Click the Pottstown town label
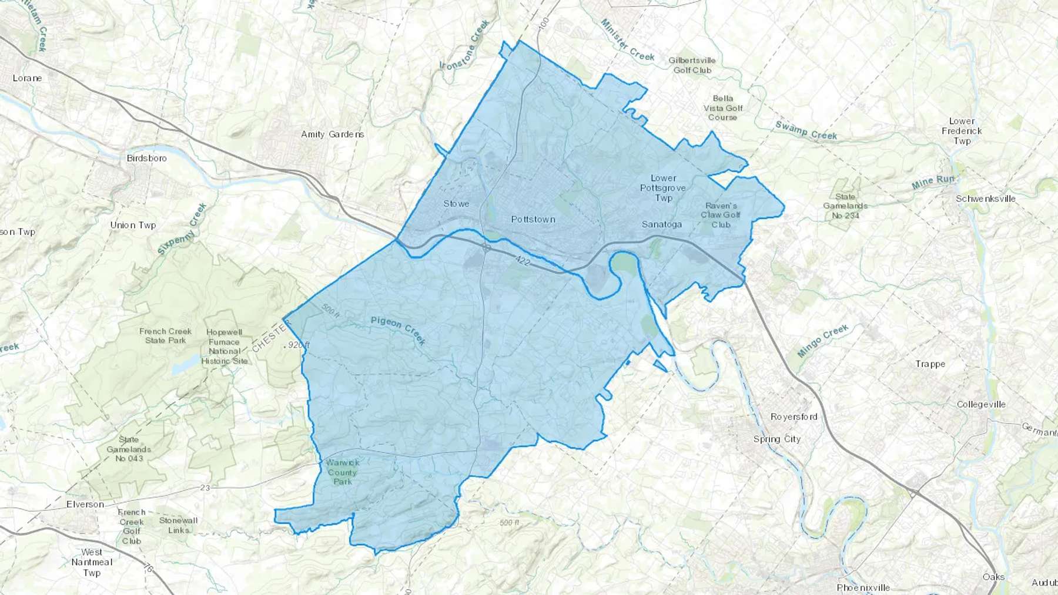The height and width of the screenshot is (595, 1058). pyautogui.click(x=533, y=220)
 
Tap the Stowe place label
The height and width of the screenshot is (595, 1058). pyautogui.click(x=456, y=204)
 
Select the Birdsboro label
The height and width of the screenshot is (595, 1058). pyautogui.click(x=146, y=158)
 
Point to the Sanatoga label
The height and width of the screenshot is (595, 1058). pyautogui.click(x=662, y=224)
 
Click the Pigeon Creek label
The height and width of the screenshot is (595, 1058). pyautogui.click(x=399, y=330)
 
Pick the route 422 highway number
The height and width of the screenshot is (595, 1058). pyautogui.click(x=521, y=260)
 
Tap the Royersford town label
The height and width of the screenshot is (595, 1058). pyautogui.click(x=793, y=417)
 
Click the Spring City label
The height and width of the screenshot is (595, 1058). pyautogui.click(x=776, y=439)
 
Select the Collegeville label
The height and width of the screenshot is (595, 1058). pyautogui.click(x=981, y=405)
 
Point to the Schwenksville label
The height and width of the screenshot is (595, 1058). pyautogui.click(x=986, y=199)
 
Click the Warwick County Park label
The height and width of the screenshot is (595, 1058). pyautogui.click(x=342, y=472)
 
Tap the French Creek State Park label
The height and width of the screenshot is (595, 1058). pyautogui.click(x=165, y=336)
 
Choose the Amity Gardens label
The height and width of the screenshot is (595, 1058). pyautogui.click(x=332, y=135)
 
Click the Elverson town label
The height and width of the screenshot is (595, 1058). pyautogui.click(x=85, y=505)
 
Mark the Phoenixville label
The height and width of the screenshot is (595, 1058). pyautogui.click(x=863, y=587)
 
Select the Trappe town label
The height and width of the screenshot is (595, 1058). pyautogui.click(x=930, y=364)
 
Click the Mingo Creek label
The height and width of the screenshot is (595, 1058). pyautogui.click(x=823, y=341)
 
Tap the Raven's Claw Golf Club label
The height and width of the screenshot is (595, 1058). pyautogui.click(x=721, y=215)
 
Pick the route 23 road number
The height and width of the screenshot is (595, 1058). pyautogui.click(x=205, y=488)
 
